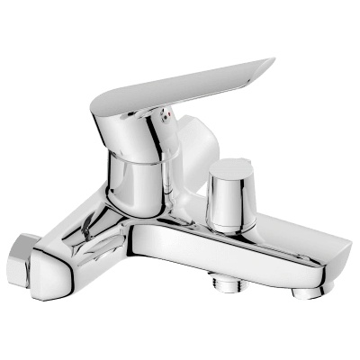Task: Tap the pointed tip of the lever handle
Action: click(x=271, y=62)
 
